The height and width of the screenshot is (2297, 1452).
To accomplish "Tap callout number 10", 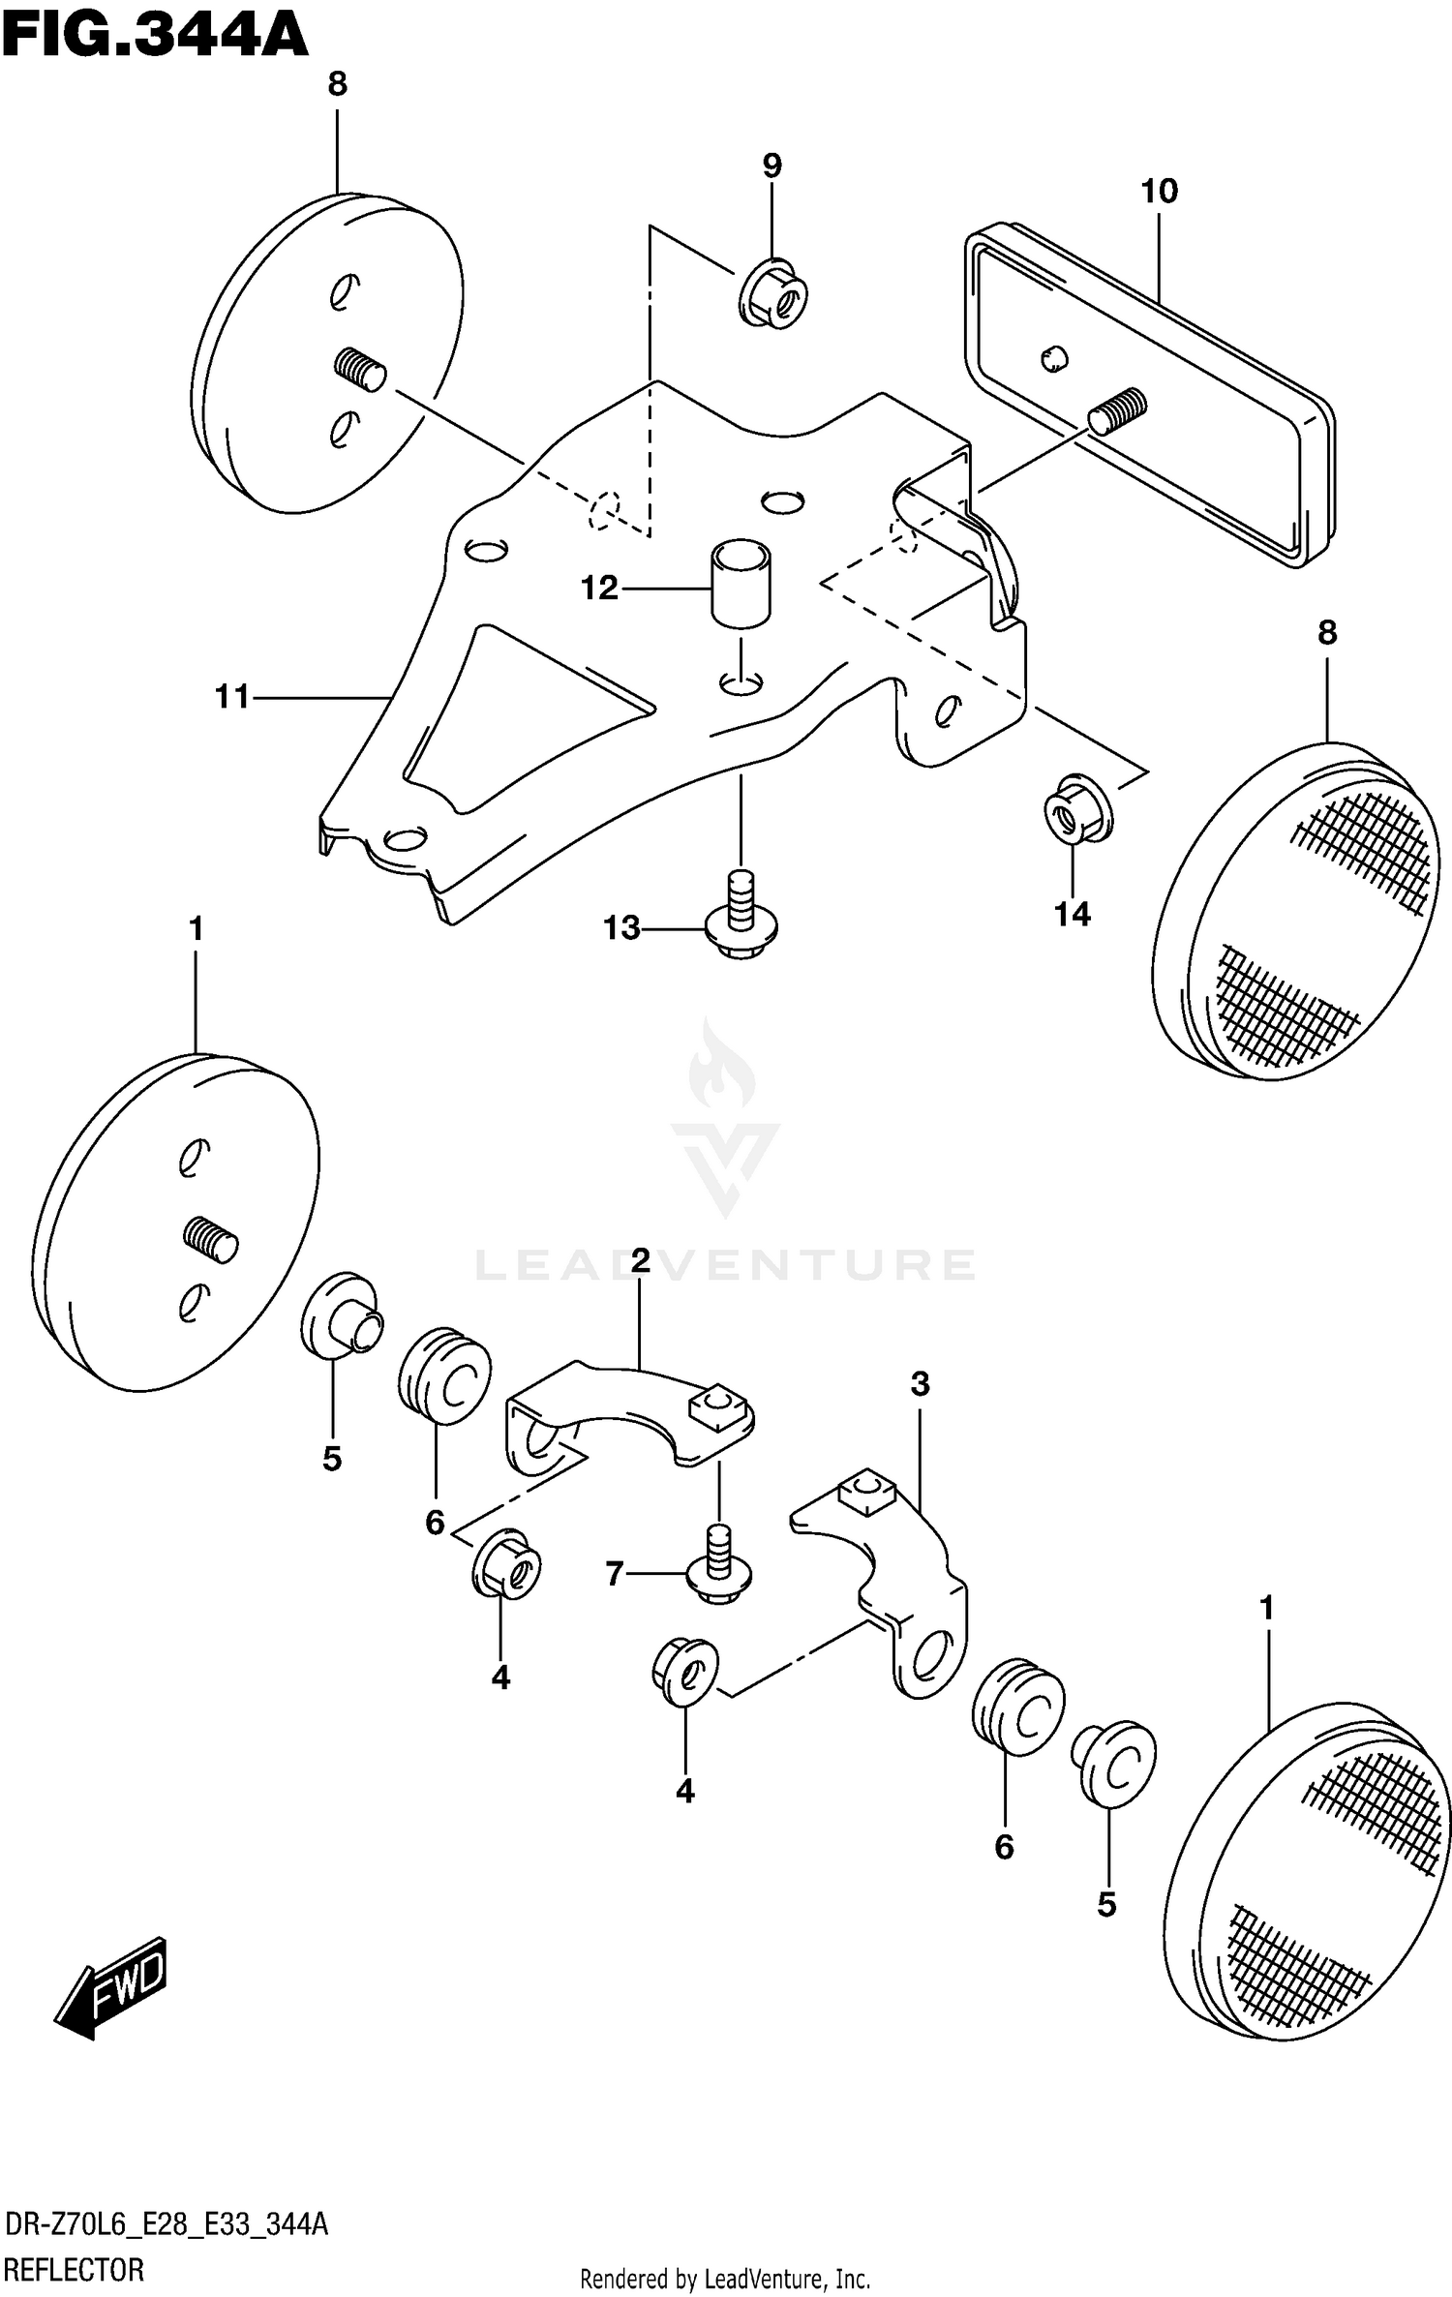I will [1159, 192].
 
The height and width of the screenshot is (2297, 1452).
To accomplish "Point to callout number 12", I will [599, 588].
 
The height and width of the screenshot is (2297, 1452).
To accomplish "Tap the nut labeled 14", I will [1076, 808].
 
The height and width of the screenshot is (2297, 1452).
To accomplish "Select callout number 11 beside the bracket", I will [232, 696].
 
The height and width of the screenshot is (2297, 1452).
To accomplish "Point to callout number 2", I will [640, 1260].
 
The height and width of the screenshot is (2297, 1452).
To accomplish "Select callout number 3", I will [920, 1385].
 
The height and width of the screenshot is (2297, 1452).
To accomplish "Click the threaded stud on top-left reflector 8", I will [360, 371].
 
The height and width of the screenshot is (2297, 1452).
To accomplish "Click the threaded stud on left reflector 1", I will [210, 1240].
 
